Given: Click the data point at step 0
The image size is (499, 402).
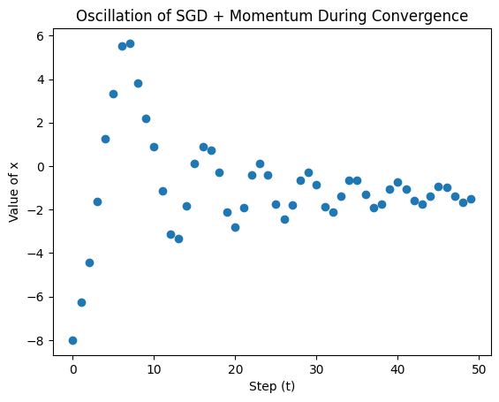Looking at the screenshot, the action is (x=72, y=340).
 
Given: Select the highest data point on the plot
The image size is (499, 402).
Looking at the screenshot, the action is (x=130, y=43).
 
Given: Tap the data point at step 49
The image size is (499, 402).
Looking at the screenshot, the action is (x=471, y=200).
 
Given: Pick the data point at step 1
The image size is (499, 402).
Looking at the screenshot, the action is (x=81, y=302).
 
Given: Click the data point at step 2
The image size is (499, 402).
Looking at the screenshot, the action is (x=89, y=262).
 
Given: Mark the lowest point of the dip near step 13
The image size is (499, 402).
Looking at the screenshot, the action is (x=179, y=239).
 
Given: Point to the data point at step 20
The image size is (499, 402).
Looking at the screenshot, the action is (x=235, y=227).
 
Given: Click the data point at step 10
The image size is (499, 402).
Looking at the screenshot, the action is (x=154, y=147).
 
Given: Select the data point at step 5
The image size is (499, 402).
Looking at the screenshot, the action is (x=113, y=94).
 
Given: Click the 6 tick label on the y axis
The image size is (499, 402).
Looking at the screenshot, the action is (x=40, y=36).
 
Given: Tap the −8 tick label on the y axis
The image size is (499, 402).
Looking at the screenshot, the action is (x=36, y=341).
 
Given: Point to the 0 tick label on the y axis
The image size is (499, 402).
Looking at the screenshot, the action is (x=41, y=167).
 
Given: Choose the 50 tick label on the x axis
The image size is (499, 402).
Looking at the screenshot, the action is (x=479, y=369).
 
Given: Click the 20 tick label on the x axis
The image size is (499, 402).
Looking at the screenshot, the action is (x=235, y=369).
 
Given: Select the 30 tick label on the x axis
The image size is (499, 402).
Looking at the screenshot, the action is (x=316, y=369).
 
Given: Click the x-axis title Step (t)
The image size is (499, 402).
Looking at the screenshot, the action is (x=272, y=386).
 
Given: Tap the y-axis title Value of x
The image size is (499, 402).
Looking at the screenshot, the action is (x=13, y=193).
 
